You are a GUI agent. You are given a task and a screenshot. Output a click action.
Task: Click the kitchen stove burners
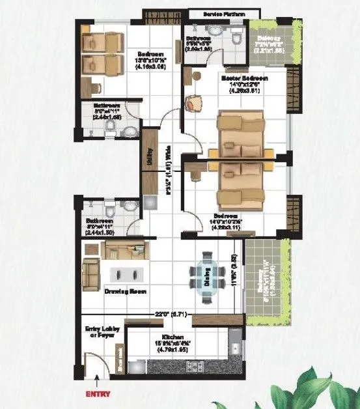[194, 369]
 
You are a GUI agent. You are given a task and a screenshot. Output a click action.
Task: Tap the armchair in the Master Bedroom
[195, 104]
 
